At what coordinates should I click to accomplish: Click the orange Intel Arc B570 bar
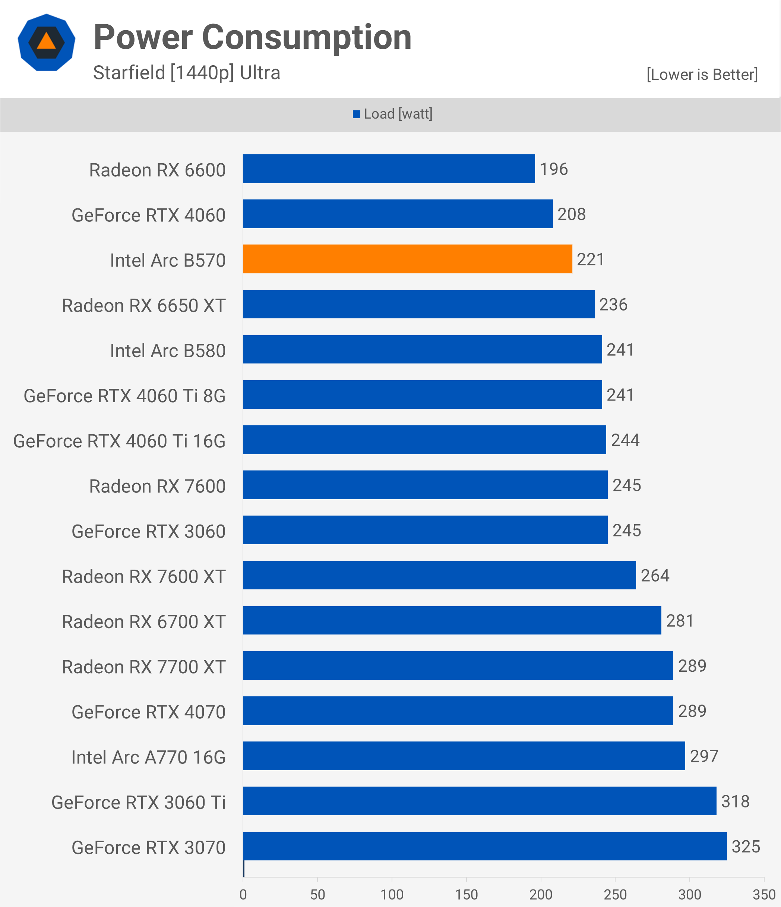click(407, 259)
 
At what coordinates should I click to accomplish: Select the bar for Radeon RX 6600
click(389, 169)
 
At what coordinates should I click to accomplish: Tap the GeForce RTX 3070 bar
click(485, 846)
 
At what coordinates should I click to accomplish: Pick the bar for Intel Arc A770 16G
click(464, 756)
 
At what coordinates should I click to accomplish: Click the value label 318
click(735, 801)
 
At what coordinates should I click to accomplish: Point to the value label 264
click(655, 575)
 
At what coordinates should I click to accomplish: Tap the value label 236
click(613, 304)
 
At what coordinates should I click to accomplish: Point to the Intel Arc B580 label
click(168, 351)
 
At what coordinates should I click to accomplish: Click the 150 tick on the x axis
click(466, 894)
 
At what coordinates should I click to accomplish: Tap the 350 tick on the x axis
click(764, 894)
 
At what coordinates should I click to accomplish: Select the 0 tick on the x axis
click(243, 894)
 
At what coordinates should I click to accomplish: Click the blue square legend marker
click(357, 114)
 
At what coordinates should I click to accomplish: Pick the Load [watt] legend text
click(398, 114)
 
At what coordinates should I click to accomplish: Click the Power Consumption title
click(253, 38)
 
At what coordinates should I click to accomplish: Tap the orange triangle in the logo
click(46, 42)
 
